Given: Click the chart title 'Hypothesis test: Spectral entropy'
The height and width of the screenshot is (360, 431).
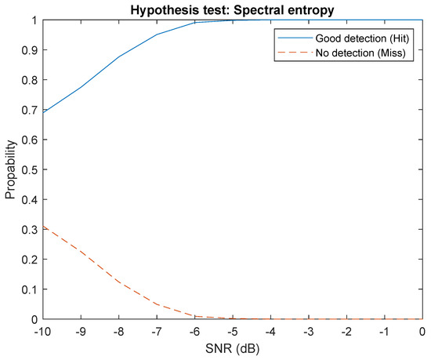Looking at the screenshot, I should (230, 9).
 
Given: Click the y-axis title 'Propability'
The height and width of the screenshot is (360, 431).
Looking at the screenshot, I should (11, 170).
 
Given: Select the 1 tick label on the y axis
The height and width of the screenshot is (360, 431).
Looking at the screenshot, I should (28, 20).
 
